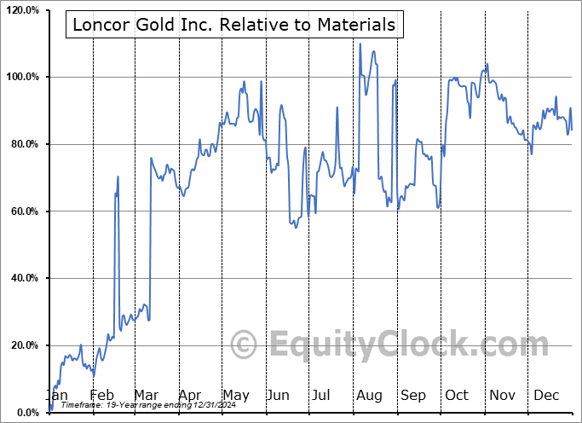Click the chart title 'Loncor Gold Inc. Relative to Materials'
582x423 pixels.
point(233,25)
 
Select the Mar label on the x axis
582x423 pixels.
point(146,396)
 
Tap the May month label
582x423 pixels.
point(236,396)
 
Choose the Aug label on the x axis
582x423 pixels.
point(369,396)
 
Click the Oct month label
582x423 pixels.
point(457,396)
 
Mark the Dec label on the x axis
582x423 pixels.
point(545,396)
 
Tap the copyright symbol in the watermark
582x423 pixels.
point(244,345)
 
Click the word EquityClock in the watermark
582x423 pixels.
point(375,345)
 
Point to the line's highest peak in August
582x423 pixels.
point(360,43)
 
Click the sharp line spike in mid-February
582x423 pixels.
point(118,177)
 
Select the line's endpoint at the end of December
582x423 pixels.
point(572,130)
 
